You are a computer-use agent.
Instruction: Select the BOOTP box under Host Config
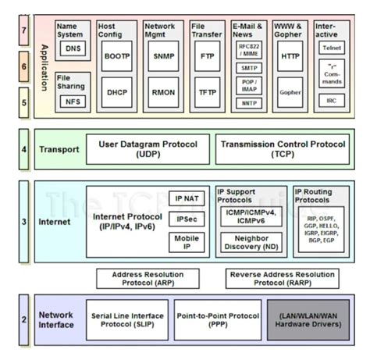pyautogui.click(x=116, y=57)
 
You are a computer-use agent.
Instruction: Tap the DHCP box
pyautogui.click(x=116, y=91)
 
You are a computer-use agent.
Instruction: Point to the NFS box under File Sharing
pyautogui.click(x=73, y=102)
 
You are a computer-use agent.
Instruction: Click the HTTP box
pyautogui.click(x=290, y=57)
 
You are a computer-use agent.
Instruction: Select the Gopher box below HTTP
pyautogui.click(x=290, y=91)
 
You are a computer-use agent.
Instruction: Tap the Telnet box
pyautogui.click(x=332, y=47)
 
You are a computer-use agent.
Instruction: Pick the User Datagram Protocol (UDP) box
pyautogui.click(x=148, y=149)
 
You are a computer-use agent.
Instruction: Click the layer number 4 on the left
pyautogui.click(x=23, y=148)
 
